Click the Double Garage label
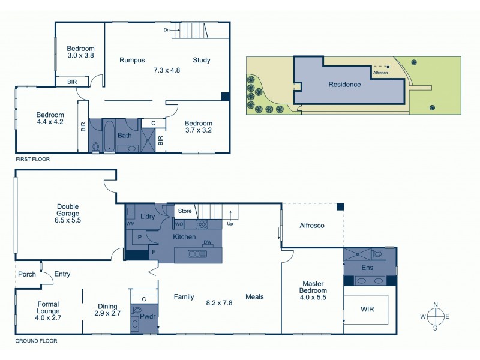tap(67, 212)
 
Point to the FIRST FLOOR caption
tap(32, 160)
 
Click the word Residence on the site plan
tap(344, 85)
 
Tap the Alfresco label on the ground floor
tap(311, 226)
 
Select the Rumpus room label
tap(132, 60)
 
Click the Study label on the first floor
tap(201, 60)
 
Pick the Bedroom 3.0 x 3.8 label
tap(80, 52)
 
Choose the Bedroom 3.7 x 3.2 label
tap(198, 127)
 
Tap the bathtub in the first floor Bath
tap(110, 137)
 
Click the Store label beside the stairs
tap(185, 211)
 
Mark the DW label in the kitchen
tap(208, 242)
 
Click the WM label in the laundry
tap(130, 224)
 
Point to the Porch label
tap(27, 274)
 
